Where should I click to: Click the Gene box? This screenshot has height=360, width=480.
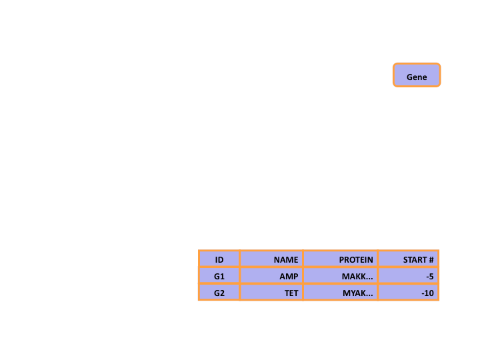pyautogui.click(x=417, y=75)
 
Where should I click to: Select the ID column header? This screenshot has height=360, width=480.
pyautogui.click(x=219, y=259)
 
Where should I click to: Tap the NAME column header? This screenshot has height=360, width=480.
pyautogui.click(x=271, y=259)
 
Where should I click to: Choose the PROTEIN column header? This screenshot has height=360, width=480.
pyautogui.click(x=341, y=259)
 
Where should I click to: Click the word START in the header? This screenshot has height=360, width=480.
pyautogui.click(x=415, y=260)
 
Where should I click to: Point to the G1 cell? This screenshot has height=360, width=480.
pyautogui.click(x=219, y=276)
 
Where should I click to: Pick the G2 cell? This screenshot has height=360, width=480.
pyautogui.click(x=219, y=293)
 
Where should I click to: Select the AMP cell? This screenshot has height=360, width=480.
pyautogui.click(x=271, y=276)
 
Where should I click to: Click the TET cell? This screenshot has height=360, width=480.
pyautogui.click(x=271, y=293)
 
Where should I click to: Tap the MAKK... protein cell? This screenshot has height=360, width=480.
pyautogui.click(x=341, y=276)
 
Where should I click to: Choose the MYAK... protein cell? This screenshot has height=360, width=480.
pyautogui.click(x=341, y=293)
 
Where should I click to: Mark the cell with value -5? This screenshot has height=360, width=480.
pyautogui.click(x=409, y=276)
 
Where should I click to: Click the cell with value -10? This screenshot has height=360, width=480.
pyautogui.click(x=409, y=293)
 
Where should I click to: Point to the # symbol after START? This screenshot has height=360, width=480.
pyautogui.click(x=431, y=260)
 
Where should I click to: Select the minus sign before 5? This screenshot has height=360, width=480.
pyautogui.click(x=427, y=277)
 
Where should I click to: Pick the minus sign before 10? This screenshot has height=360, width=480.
pyautogui.click(x=423, y=294)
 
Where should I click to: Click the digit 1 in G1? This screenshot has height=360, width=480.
pyautogui.click(x=223, y=277)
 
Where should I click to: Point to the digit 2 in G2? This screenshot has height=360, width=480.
pyautogui.click(x=222, y=293)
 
